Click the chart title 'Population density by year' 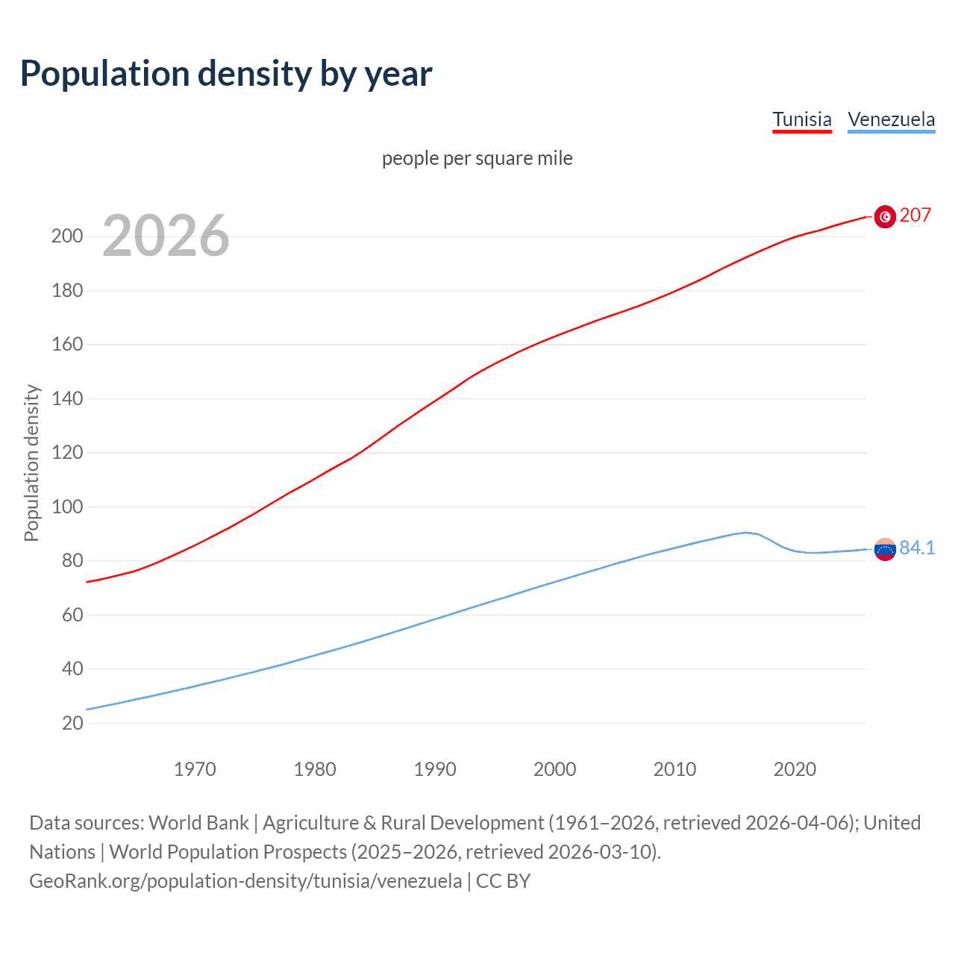click(x=226, y=74)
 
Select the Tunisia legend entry click(x=802, y=119)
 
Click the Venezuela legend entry click(x=891, y=119)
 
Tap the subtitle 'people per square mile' click(x=477, y=158)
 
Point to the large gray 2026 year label click(x=166, y=236)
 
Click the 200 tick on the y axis click(x=67, y=237)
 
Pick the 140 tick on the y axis click(x=67, y=398)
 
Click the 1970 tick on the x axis click(x=195, y=769)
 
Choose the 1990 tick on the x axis click(x=435, y=769)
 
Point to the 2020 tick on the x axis click(x=795, y=769)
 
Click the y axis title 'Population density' click(x=31, y=463)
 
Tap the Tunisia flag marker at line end click(x=885, y=216)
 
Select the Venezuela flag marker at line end click(x=885, y=549)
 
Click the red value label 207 click(x=915, y=215)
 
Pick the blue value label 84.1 click(x=917, y=548)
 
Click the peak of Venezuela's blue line click(x=746, y=533)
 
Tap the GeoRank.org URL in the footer click(x=245, y=881)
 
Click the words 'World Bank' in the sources click(x=198, y=823)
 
